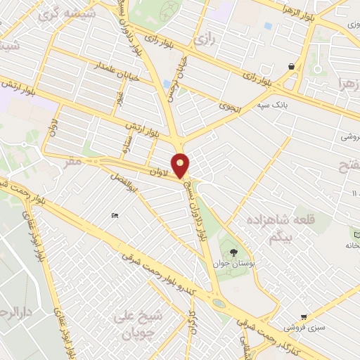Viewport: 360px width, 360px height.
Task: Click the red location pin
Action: (x=181, y=165)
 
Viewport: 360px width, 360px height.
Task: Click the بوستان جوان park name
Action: (x=232, y=264)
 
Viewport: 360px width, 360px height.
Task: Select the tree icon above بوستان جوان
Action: (x=233, y=252)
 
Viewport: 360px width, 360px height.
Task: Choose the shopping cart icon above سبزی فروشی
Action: (x=303, y=317)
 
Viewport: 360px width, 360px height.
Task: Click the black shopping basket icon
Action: (x=291, y=66)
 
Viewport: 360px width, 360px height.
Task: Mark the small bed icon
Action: (x=115, y=215)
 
